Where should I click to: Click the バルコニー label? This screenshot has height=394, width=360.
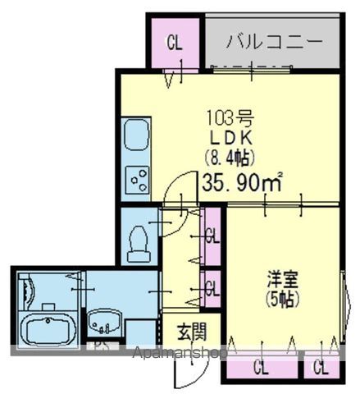[271, 39]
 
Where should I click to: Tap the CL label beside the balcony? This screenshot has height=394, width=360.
[175, 42]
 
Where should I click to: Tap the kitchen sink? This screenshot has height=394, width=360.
[134, 135]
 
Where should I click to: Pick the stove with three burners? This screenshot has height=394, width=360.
[136, 178]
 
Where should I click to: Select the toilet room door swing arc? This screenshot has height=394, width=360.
[174, 220]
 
